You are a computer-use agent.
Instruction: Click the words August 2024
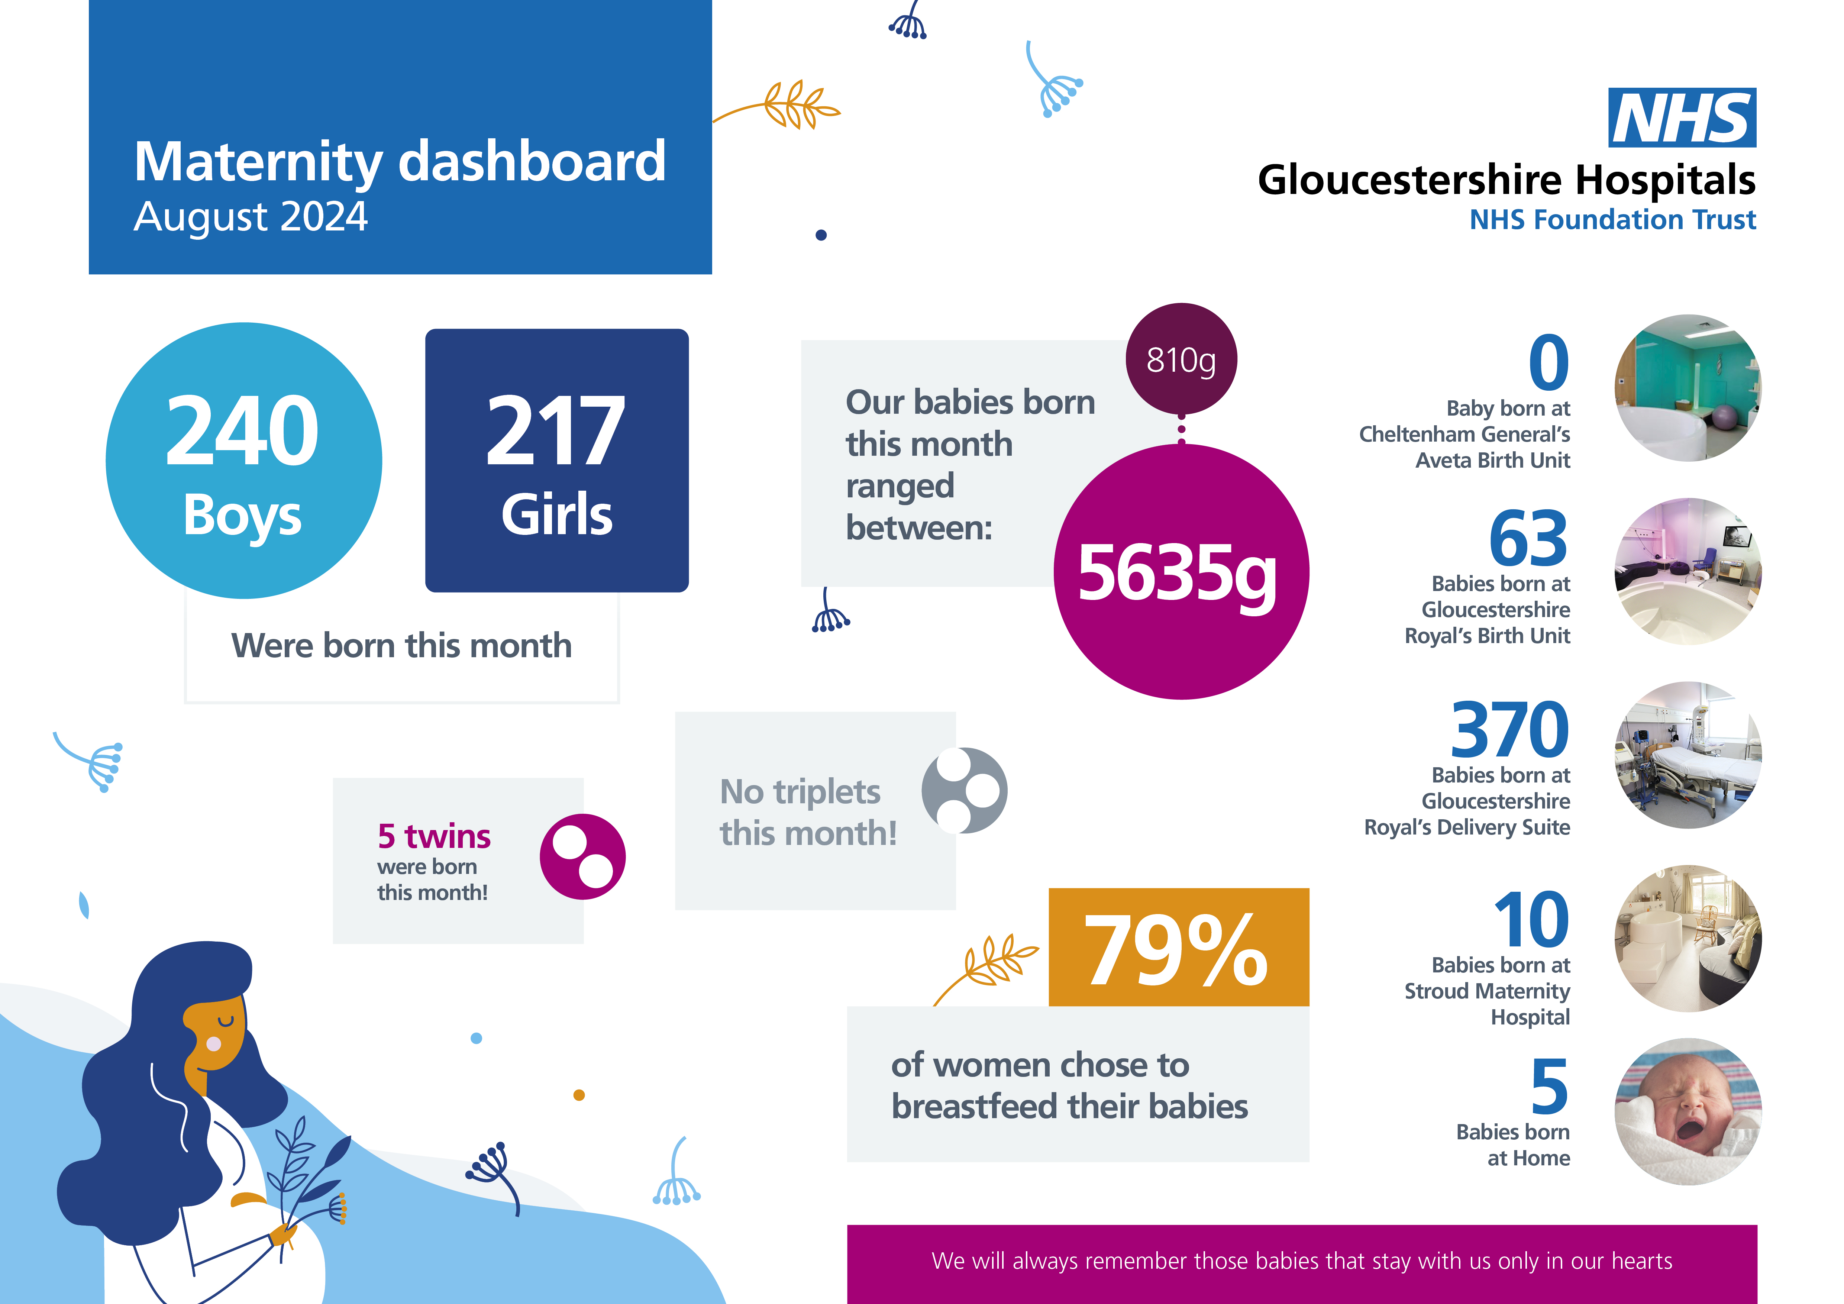251,217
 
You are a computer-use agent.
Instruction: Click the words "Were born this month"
401,646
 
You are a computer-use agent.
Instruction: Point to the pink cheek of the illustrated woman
214,1044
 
